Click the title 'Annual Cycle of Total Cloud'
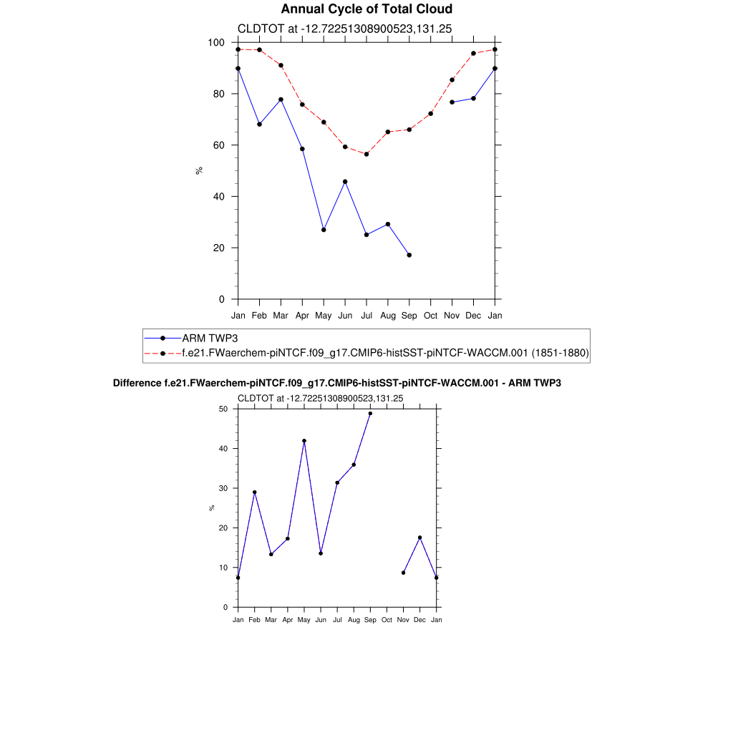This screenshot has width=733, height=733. click(366, 9)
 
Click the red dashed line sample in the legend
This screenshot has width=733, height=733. click(162, 353)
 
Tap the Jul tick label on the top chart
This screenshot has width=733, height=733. click(366, 315)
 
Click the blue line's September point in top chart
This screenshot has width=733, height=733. click(409, 255)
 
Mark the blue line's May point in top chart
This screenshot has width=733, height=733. click(324, 230)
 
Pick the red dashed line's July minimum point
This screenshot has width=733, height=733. click(366, 154)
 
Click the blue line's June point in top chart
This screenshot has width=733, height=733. click(345, 182)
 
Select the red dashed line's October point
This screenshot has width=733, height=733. click(431, 113)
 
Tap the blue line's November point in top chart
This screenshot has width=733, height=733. click(452, 102)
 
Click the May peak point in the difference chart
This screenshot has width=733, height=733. click(304, 441)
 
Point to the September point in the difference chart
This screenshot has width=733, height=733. click(370, 413)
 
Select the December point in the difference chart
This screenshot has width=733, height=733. click(420, 538)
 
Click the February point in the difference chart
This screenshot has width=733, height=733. click(254, 492)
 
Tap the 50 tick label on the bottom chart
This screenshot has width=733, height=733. click(223, 409)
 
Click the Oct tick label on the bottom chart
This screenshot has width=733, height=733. click(387, 620)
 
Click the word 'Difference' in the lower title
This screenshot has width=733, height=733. click(137, 384)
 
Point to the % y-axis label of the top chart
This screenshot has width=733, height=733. click(200, 170)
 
